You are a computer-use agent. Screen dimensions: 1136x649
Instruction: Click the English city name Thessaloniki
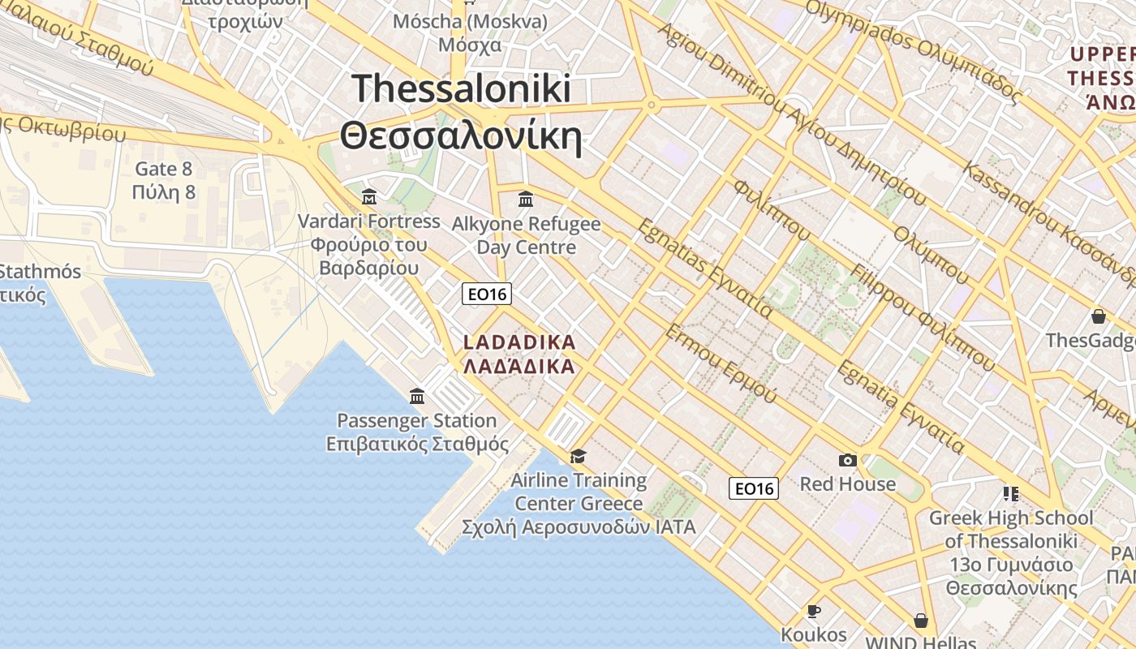[462, 88]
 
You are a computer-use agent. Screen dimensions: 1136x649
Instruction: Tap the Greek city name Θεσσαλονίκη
[462, 137]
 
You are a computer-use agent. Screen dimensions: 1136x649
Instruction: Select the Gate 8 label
[164, 169]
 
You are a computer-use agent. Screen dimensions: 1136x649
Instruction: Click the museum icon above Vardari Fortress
[369, 196]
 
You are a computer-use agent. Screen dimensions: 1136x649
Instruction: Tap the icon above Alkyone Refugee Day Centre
[526, 198]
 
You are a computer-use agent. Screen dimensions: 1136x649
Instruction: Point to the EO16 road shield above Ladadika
[487, 294]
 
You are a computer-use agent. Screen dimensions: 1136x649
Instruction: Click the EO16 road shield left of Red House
[754, 488]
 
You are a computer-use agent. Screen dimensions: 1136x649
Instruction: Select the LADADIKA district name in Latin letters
[519, 342]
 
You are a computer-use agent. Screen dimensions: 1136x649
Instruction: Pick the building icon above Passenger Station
[417, 396]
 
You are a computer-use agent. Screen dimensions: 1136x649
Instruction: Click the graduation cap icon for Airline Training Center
[578, 457]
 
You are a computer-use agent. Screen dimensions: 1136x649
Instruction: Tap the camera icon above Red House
[847, 460]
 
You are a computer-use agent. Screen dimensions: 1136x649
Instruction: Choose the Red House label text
[847, 484]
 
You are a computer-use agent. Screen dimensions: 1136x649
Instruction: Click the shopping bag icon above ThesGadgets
[1099, 316]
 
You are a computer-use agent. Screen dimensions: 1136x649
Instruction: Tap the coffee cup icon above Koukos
[813, 611]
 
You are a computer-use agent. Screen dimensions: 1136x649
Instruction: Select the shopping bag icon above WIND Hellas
[920, 621]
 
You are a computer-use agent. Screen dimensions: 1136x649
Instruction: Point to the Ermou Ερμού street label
[721, 364]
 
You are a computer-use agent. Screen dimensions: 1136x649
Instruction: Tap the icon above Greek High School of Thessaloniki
[1010, 492]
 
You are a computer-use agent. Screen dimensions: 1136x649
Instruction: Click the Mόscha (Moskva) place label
[470, 21]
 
